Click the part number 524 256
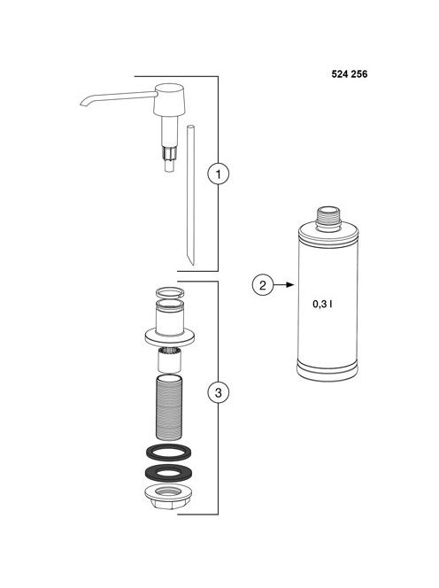point(350,74)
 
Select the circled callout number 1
point(219,174)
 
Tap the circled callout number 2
point(262,285)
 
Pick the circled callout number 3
point(219,392)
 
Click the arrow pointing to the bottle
point(283,285)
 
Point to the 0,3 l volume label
point(322,304)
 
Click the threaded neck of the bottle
point(328,218)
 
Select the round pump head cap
point(169,99)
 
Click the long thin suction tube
point(190,195)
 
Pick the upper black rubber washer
point(169,453)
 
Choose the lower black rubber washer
point(169,473)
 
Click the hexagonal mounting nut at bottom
point(169,496)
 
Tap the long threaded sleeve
point(169,406)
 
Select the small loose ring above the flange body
point(170,291)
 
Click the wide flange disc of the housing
point(169,337)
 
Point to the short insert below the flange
point(169,360)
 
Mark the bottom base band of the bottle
point(327,371)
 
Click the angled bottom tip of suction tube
point(190,258)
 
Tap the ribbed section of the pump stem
point(169,153)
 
